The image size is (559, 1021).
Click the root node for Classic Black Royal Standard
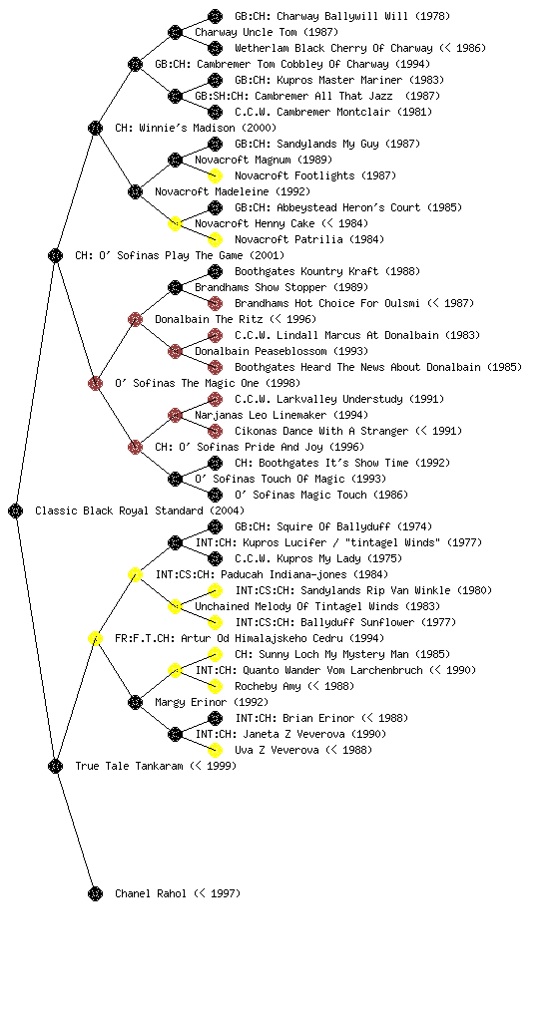(x=16, y=510)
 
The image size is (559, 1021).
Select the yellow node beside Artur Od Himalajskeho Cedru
(x=95, y=638)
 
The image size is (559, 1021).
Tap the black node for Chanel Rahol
(x=95, y=893)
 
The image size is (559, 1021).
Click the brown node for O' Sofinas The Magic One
(x=95, y=383)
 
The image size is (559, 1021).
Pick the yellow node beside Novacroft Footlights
(x=215, y=175)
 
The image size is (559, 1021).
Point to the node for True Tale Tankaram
(x=55, y=766)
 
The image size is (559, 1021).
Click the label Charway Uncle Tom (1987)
(x=267, y=32)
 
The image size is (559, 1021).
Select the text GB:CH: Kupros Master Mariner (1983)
(x=339, y=80)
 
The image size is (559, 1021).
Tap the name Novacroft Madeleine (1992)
(x=233, y=191)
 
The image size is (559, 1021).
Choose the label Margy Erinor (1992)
(x=212, y=702)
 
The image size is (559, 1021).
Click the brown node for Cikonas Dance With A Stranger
(x=215, y=431)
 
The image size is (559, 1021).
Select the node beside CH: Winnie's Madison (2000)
(x=95, y=128)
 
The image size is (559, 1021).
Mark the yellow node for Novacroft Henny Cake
(x=175, y=223)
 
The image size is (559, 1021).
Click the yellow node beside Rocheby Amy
(x=215, y=686)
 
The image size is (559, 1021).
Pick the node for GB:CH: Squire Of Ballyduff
(x=215, y=526)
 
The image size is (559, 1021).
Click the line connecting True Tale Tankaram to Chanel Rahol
(x=76, y=830)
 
